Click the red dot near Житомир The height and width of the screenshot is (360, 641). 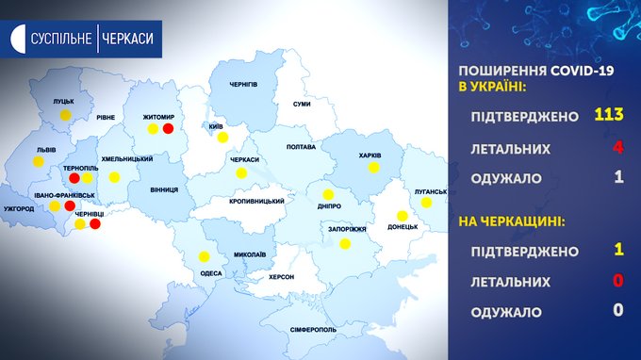pyautogui.click(x=168, y=129)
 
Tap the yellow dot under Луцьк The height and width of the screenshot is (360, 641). pyautogui.click(x=65, y=115)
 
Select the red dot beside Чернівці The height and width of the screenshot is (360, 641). pyautogui.click(x=95, y=224)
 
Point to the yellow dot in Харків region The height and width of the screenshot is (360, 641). pyautogui.click(x=373, y=168)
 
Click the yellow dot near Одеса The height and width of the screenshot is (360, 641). pyautogui.click(x=204, y=256)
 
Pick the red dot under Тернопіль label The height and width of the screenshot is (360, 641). pyautogui.click(x=74, y=178)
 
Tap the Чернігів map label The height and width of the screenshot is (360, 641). pyautogui.click(x=243, y=85)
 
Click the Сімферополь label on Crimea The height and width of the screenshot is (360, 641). pyautogui.click(x=314, y=330)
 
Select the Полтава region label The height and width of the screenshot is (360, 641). pyautogui.click(x=301, y=147)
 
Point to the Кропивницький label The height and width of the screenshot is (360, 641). pyautogui.click(x=256, y=202)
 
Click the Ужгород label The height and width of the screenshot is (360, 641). pyautogui.click(x=19, y=209)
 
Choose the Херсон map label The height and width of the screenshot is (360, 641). pyautogui.click(x=281, y=277)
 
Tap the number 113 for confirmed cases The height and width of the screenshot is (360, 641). pyautogui.click(x=609, y=114)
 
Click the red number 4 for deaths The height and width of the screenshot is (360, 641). pyautogui.click(x=618, y=147)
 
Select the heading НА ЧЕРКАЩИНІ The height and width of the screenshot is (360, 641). pyautogui.click(x=512, y=221)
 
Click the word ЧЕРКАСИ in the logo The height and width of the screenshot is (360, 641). pyautogui.click(x=127, y=39)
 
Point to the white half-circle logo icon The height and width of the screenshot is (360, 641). pyautogui.click(x=18, y=39)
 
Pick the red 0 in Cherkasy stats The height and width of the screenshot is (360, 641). pyautogui.click(x=618, y=280)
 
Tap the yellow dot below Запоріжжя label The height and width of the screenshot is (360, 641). pyautogui.click(x=345, y=244)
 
